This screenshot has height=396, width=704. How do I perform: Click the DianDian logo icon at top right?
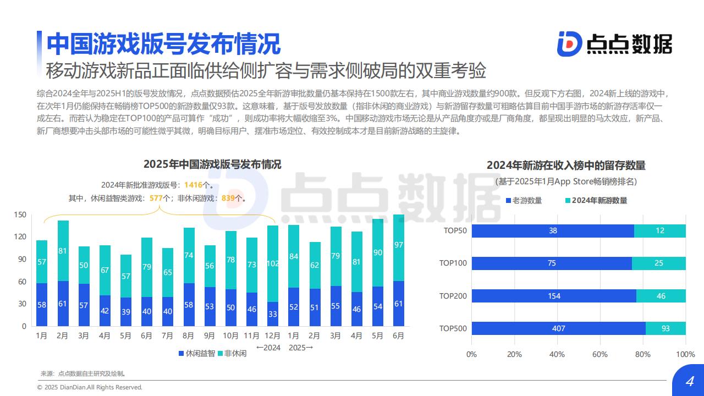pos(569,43)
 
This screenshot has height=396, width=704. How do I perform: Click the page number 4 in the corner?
pos(689,382)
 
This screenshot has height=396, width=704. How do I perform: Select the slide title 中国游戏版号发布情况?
pos(163,43)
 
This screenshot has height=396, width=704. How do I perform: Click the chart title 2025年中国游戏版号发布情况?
pos(212,164)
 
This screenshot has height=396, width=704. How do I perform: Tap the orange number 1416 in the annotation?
pos(193,185)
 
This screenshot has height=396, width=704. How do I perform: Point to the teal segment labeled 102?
pos(273,263)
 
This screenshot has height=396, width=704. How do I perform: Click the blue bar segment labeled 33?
pos(273,314)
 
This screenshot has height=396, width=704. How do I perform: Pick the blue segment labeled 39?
pos(126,312)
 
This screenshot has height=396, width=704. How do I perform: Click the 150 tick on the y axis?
pos(20,215)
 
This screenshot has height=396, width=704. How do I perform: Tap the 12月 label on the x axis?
pos(273,335)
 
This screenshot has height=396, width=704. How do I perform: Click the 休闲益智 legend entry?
pos(196,353)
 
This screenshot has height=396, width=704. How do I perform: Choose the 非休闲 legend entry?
pos(232,353)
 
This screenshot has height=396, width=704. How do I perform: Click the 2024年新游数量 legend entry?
pos(596,200)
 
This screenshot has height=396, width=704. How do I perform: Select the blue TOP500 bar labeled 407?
pos(558,328)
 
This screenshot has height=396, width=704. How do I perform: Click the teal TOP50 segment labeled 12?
pos(660,231)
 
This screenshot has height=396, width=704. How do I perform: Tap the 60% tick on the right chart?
pos(600,354)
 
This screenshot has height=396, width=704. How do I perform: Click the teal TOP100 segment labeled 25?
pos(659,263)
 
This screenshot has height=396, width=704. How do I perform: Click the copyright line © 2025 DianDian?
pos(90,387)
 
